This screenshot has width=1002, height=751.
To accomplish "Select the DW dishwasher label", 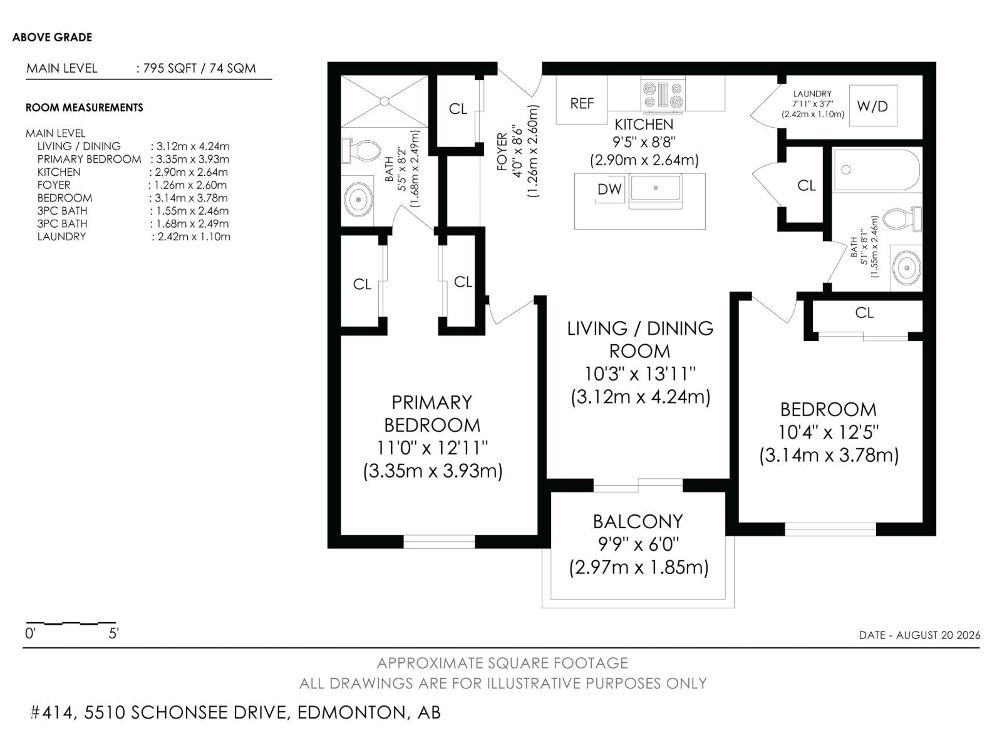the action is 609,189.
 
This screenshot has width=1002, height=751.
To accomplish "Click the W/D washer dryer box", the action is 873,106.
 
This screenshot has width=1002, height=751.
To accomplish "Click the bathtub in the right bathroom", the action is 877,169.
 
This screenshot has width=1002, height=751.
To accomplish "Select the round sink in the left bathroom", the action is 358,200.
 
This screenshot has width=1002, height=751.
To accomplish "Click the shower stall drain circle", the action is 385,101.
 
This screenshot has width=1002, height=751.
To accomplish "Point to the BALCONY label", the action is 638,522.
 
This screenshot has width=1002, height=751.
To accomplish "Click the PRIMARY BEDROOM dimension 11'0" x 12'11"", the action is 432,447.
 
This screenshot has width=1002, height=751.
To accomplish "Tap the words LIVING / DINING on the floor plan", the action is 640,329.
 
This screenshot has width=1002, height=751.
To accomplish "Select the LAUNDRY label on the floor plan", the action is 812,93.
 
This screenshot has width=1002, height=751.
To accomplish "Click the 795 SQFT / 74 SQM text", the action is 200,68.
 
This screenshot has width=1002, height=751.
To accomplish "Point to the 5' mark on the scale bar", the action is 114,633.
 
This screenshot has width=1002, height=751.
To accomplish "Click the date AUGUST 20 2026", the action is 938,635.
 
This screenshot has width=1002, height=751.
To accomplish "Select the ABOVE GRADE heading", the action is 52,38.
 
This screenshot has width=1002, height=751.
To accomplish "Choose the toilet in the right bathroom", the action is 902,219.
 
